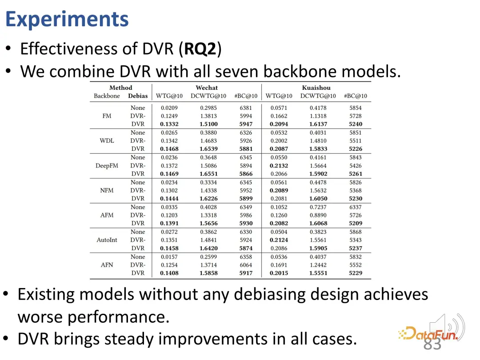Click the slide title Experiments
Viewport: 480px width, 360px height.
(67, 20)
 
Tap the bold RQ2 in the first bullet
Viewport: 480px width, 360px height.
(200, 48)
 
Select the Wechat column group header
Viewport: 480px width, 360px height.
(207, 88)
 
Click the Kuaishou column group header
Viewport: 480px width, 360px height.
(316, 88)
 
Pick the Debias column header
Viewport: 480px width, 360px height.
(138, 96)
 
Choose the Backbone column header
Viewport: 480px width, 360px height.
(107, 96)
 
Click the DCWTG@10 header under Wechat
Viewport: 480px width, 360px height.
(208, 96)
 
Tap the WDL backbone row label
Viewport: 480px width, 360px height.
(107, 140)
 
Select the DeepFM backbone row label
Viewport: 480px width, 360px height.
(107, 166)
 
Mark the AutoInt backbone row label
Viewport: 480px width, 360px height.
(107, 240)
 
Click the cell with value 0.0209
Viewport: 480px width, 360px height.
(169, 108)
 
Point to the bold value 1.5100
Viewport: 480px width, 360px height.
(208, 124)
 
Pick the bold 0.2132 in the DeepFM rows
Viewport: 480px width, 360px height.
(279, 166)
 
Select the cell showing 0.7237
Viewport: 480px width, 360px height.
(318, 207)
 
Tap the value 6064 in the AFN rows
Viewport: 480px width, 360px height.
(246, 265)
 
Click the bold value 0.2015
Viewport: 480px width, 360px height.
(279, 273)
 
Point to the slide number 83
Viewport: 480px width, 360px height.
(432, 344)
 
